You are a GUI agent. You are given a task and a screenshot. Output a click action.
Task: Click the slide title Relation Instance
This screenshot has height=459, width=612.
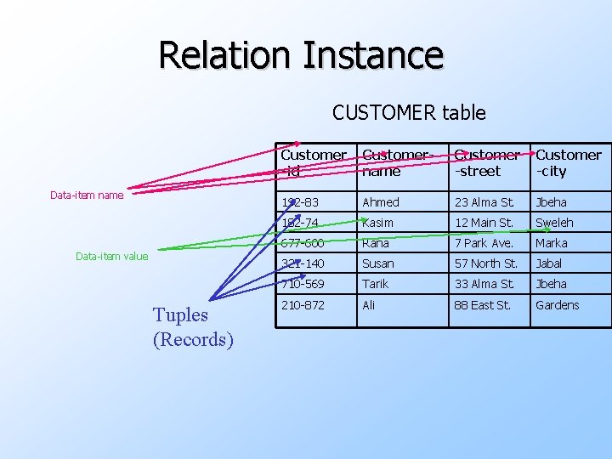click(301, 55)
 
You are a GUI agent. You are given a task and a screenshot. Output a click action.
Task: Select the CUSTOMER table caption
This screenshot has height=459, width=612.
click(409, 112)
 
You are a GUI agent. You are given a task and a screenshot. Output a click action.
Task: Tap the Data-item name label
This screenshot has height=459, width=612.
click(87, 195)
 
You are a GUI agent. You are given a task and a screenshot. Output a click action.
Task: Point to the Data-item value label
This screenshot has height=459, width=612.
click(111, 256)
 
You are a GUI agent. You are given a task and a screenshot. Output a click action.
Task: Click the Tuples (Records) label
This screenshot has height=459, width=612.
click(193, 327)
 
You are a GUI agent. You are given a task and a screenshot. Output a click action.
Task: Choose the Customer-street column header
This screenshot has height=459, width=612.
click(487, 163)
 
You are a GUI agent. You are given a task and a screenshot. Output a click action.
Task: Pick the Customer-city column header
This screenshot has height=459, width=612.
click(568, 163)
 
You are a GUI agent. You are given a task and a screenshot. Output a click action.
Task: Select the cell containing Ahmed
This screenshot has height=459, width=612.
click(380, 202)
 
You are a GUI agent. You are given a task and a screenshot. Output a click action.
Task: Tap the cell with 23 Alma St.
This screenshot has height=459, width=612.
click(484, 202)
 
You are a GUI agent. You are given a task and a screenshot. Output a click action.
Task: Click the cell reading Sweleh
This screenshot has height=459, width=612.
click(554, 223)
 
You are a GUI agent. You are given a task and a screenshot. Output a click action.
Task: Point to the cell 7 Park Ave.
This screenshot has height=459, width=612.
click(484, 243)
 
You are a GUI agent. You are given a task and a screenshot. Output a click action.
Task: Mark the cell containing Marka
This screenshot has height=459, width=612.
click(551, 243)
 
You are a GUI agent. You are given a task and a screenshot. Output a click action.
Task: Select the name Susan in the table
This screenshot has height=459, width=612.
click(378, 263)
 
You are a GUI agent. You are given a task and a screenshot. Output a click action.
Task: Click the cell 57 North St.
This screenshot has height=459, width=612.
click(485, 263)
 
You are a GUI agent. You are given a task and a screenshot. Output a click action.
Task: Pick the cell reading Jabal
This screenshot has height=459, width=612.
click(549, 263)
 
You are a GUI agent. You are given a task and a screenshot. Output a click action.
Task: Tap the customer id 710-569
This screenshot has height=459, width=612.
click(302, 284)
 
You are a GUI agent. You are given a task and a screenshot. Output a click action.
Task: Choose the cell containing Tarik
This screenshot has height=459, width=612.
click(375, 284)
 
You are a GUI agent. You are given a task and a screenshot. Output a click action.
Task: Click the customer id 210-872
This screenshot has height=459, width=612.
click(302, 305)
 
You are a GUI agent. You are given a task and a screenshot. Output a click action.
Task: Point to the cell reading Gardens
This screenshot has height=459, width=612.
click(557, 305)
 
